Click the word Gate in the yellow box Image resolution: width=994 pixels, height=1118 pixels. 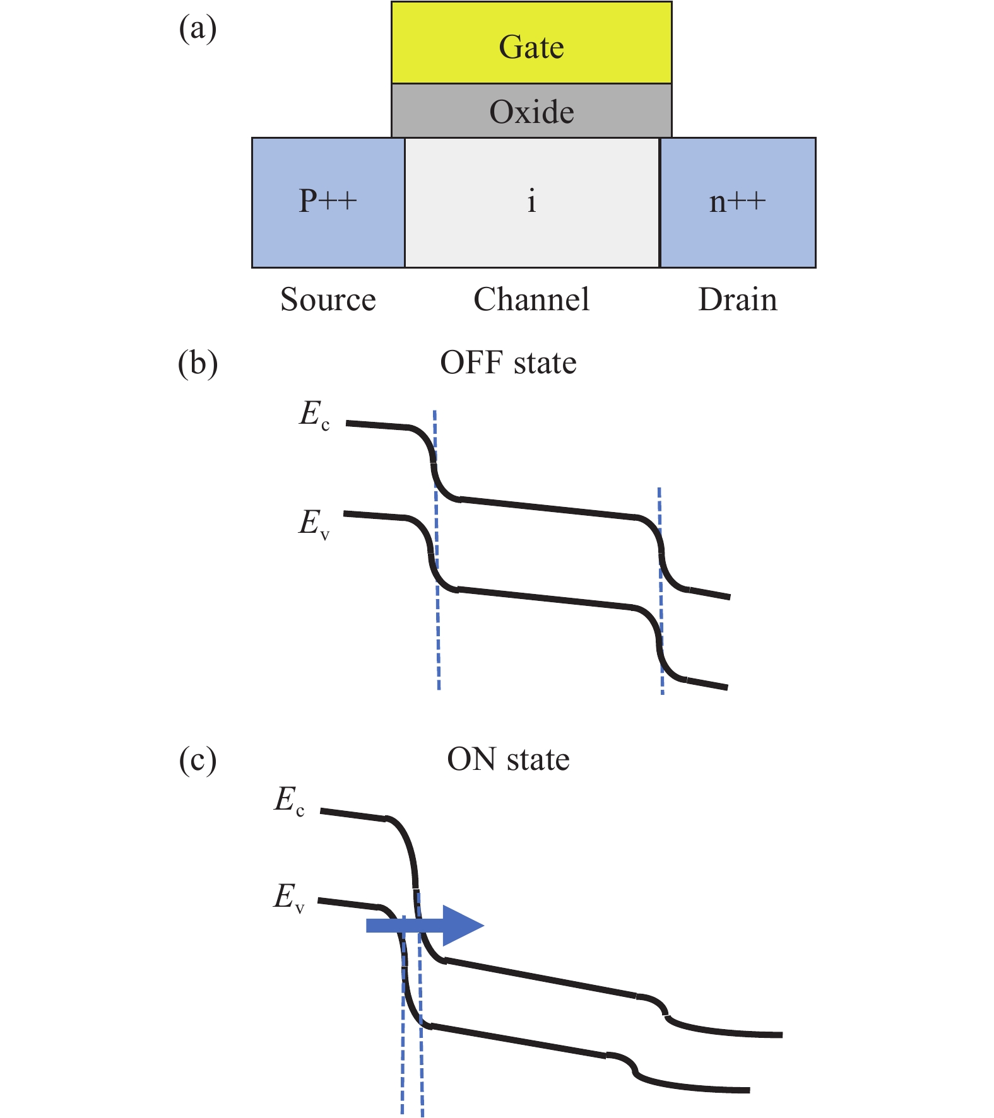pos(531,47)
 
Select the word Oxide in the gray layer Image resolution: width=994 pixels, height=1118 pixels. pos(531,112)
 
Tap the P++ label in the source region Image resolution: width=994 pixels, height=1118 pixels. pos(328,201)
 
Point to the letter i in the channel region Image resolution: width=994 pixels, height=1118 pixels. pos(531,201)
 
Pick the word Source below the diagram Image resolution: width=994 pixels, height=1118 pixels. pos(328,300)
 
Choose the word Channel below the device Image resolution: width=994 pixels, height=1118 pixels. pos(531,300)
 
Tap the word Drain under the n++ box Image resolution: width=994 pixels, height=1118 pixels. pos(737,300)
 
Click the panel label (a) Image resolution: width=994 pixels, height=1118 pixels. pos(198,29)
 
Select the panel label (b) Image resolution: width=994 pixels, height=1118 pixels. pos(198,364)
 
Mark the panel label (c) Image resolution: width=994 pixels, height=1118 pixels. pos(198,760)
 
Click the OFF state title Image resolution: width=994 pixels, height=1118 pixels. pos(508,363)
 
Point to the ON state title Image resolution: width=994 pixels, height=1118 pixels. pos(508,759)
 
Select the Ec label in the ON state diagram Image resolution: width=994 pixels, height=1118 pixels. pos(289,802)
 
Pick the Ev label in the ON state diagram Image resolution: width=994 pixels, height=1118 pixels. pos(288,898)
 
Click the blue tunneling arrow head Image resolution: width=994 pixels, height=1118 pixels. pos(463,926)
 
